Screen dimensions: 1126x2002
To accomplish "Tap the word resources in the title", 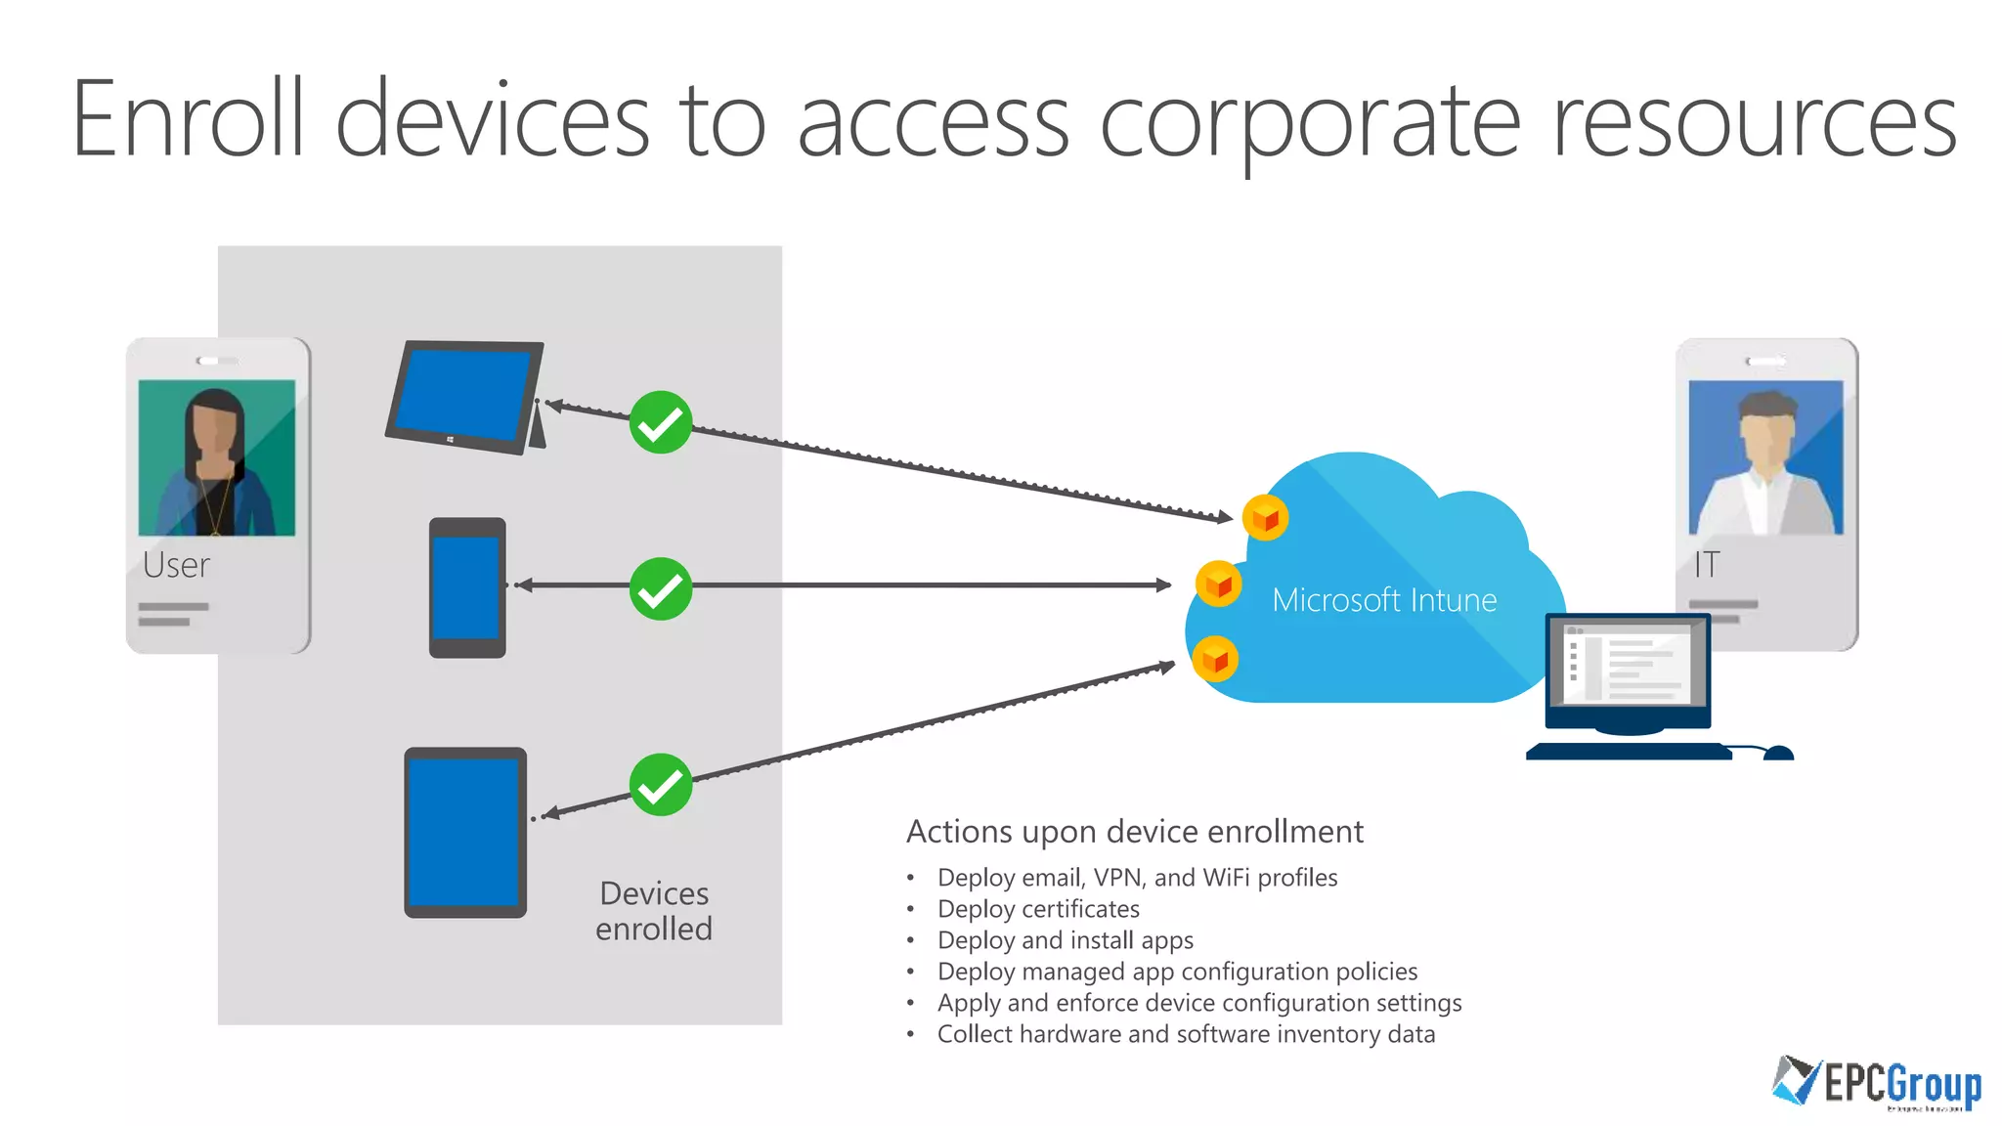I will (x=1754, y=123).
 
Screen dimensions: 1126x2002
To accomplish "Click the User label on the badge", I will (x=176, y=565).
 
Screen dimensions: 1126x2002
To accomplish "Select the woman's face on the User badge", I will (x=214, y=430).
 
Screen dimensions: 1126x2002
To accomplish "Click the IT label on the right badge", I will (x=1707, y=565).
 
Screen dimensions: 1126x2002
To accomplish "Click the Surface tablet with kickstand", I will (x=464, y=396).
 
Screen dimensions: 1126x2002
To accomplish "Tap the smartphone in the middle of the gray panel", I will (x=467, y=586).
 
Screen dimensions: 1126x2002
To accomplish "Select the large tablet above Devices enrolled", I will (x=465, y=832).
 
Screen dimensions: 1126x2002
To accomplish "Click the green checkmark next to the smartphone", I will (x=661, y=588).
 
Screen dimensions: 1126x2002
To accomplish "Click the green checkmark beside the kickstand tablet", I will (x=661, y=422).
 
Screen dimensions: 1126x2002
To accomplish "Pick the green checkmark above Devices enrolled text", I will (x=661, y=784).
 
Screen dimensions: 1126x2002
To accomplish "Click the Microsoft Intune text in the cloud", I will (x=1383, y=600).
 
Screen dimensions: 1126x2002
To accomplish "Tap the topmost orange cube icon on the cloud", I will (x=1265, y=517).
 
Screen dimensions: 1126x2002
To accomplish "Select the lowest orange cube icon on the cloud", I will (x=1215, y=660).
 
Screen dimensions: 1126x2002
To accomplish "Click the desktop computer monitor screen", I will (x=1628, y=665).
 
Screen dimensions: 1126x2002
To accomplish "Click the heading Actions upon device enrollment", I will (x=1134, y=832).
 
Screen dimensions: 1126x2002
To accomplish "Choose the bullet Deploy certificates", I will (x=1038, y=909).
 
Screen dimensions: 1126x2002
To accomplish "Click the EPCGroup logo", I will (x=1877, y=1083).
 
